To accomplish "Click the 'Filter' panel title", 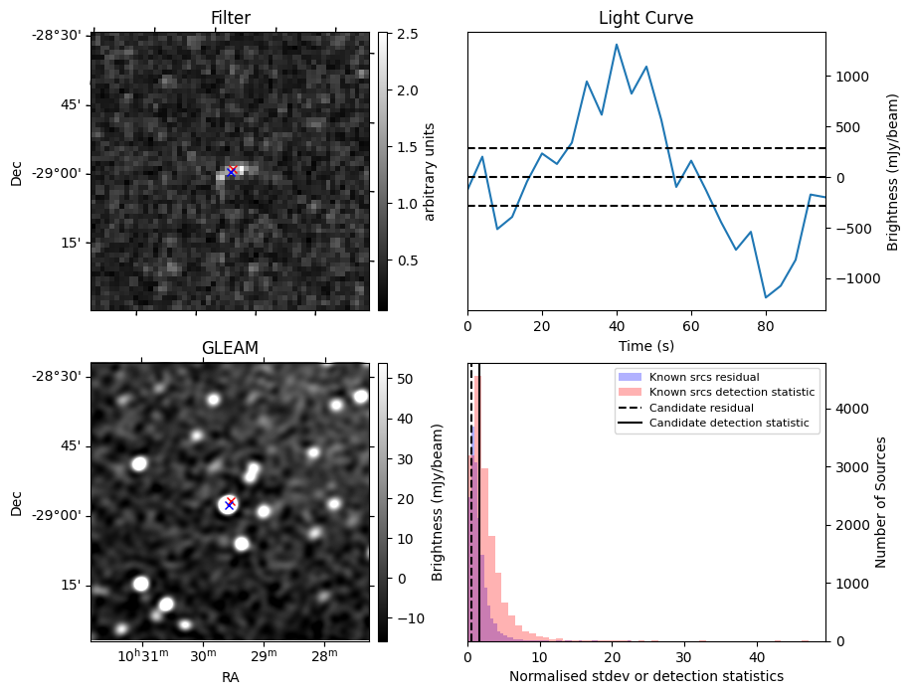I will coord(230,18).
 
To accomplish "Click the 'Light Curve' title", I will coord(645,18).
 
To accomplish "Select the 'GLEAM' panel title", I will coord(230,348).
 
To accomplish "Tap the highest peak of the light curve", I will coord(617,44).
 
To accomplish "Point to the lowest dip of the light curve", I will coord(766,297).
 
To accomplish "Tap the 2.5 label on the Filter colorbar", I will coord(406,34).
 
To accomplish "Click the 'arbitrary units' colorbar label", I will coord(430,171).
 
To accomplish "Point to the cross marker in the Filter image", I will coord(232,171).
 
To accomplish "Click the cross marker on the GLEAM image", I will coord(230,503).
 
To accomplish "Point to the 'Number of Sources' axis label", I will coord(881,502).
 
